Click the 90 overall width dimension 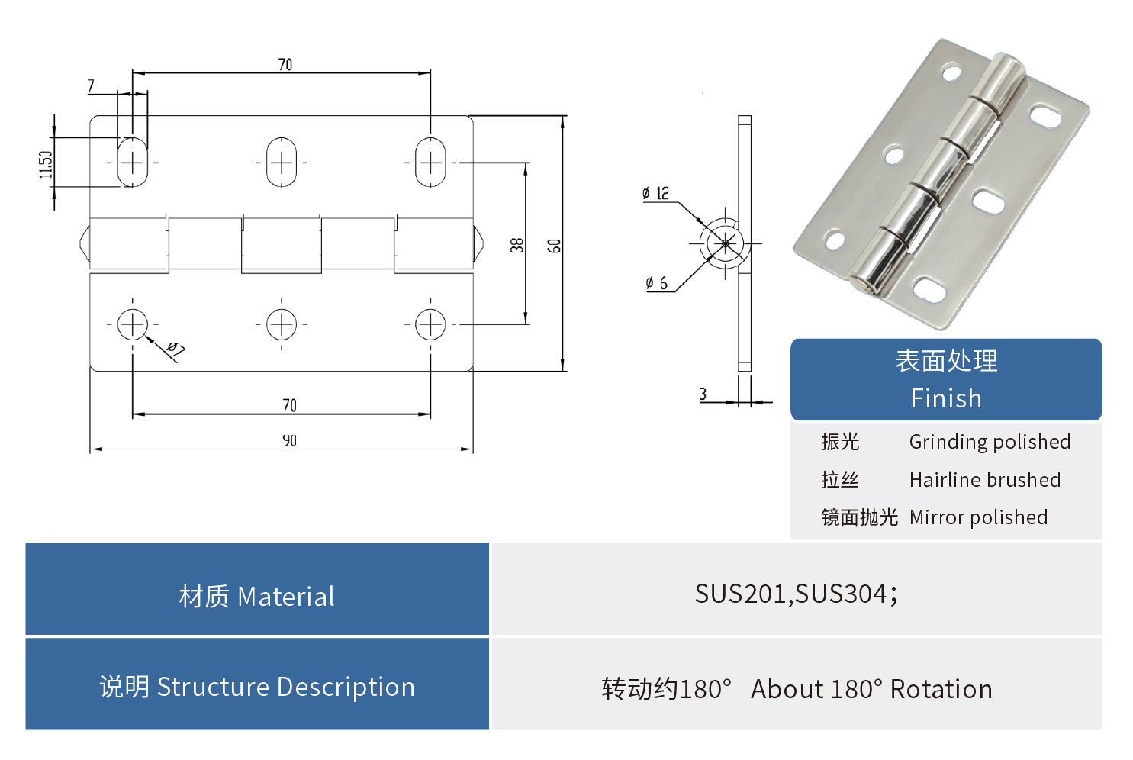point(289,440)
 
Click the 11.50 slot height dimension point(47,163)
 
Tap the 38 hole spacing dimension point(517,244)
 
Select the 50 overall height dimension point(555,245)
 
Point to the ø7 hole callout point(175,350)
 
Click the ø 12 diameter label point(655,193)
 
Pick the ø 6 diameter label point(657,283)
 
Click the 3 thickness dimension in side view point(703,394)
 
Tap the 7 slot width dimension point(91,85)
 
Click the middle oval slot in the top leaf point(282,162)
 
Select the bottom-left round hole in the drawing point(133,324)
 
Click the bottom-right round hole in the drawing point(430,324)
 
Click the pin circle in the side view point(725,243)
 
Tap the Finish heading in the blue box point(946,398)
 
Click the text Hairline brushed point(984,480)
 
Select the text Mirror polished point(978,517)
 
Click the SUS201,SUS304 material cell point(797,593)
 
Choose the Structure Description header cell point(257,686)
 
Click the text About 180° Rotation point(871,689)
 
